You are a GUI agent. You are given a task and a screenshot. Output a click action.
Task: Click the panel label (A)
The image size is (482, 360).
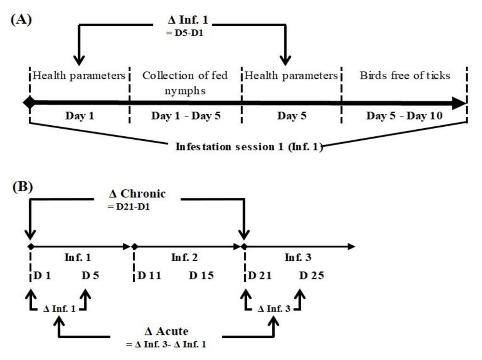[x=21, y=20]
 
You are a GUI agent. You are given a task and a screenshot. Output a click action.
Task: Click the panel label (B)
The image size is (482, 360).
[x=23, y=187]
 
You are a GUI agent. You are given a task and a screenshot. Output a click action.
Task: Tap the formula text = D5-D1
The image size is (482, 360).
[x=185, y=33]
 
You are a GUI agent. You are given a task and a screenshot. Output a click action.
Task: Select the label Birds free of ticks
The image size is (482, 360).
[x=405, y=75]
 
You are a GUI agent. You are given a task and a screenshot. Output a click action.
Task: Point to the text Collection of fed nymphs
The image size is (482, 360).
[x=185, y=83]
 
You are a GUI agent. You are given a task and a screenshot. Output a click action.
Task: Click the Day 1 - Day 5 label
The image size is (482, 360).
[x=186, y=116]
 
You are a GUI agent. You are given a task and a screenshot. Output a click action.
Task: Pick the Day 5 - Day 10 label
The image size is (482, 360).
[x=404, y=116]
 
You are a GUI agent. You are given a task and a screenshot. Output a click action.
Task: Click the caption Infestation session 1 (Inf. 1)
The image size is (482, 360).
[x=249, y=147]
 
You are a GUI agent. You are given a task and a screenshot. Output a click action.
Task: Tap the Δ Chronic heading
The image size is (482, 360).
[x=137, y=194]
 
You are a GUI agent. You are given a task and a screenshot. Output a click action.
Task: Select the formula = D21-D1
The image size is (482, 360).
[x=129, y=207]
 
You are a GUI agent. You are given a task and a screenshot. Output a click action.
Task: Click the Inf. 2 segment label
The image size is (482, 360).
[x=184, y=257]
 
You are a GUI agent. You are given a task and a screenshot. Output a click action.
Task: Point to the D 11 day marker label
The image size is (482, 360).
[x=149, y=276]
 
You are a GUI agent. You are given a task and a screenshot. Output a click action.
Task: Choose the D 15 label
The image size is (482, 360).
[x=201, y=276]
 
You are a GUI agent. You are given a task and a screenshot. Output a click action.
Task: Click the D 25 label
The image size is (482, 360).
[x=311, y=276]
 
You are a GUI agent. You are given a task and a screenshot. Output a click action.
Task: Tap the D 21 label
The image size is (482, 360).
[x=260, y=276]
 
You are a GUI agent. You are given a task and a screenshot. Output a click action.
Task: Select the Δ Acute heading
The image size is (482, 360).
[x=166, y=332]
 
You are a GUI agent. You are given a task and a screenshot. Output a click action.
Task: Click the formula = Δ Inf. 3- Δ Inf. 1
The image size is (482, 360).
[x=166, y=344]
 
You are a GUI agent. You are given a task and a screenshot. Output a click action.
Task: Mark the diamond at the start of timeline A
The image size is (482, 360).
[x=29, y=102]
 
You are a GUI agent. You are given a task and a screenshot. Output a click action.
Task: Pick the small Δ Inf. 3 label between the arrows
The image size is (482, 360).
[x=274, y=308]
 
